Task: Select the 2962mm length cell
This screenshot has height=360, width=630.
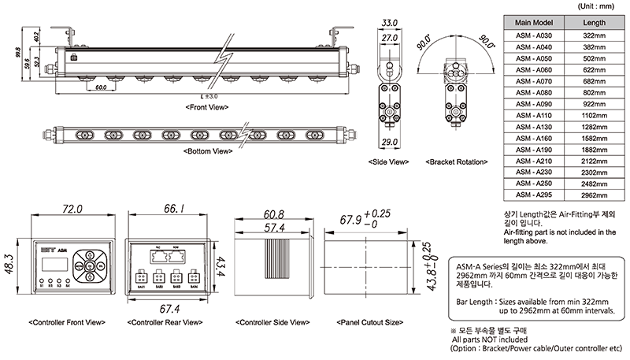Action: [x=594, y=194]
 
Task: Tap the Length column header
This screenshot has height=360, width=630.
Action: [x=594, y=23]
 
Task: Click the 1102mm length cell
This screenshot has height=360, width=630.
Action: [x=594, y=115]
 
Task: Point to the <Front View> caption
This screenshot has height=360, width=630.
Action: [x=207, y=106]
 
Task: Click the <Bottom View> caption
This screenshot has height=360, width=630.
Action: [x=207, y=150]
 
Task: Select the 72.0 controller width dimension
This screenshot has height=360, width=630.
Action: [x=72, y=209]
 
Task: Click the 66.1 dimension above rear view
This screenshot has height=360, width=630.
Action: [x=174, y=209]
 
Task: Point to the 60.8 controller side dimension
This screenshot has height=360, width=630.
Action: [x=274, y=214]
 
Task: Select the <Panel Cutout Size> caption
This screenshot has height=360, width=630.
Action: [x=370, y=323]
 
